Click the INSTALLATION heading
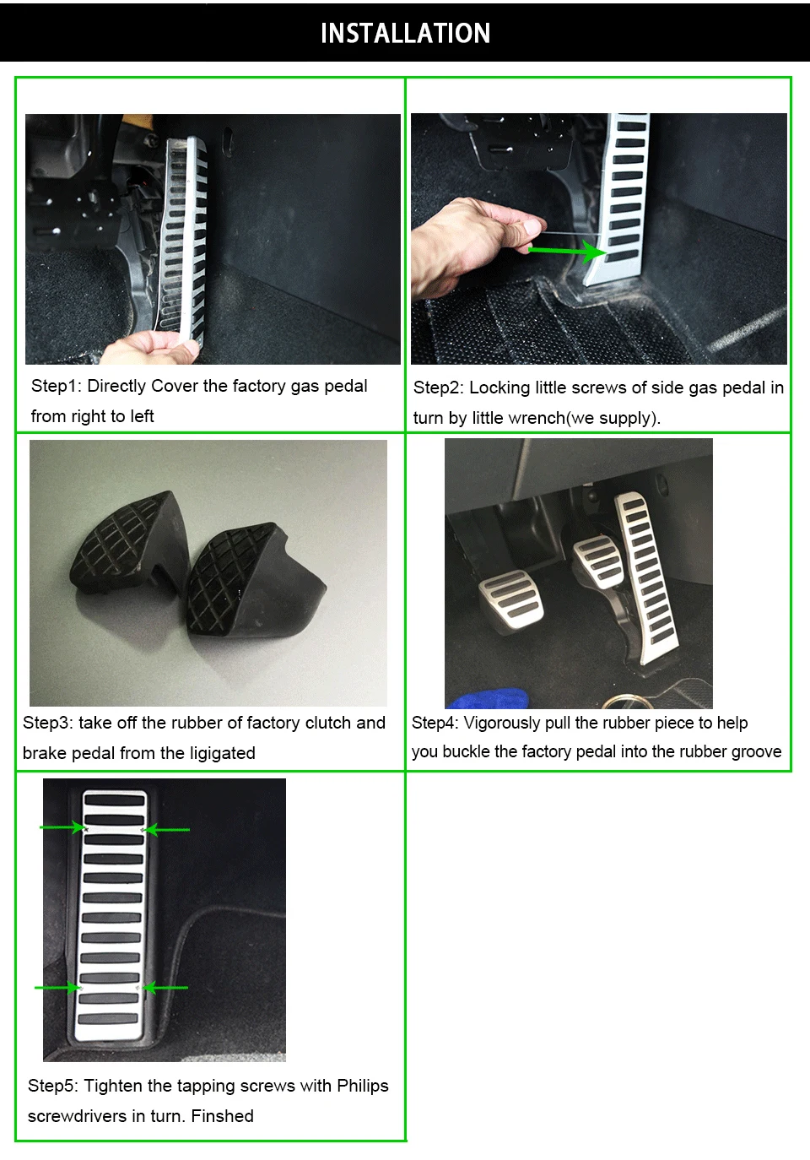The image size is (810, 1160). pyautogui.click(x=405, y=33)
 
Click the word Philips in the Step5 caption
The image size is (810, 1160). pyautogui.click(x=362, y=1086)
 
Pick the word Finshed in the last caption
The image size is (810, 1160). pyautogui.click(x=222, y=1116)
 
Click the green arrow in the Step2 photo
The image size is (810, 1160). pyautogui.click(x=567, y=251)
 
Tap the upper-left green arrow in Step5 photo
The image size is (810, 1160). pyautogui.click(x=62, y=827)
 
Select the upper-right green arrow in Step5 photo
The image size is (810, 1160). pyautogui.click(x=166, y=830)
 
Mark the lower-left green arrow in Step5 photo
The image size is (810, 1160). pyautogui.click(x=57, y=988)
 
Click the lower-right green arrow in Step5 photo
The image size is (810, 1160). pyautogui.click(x=165, y=988)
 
